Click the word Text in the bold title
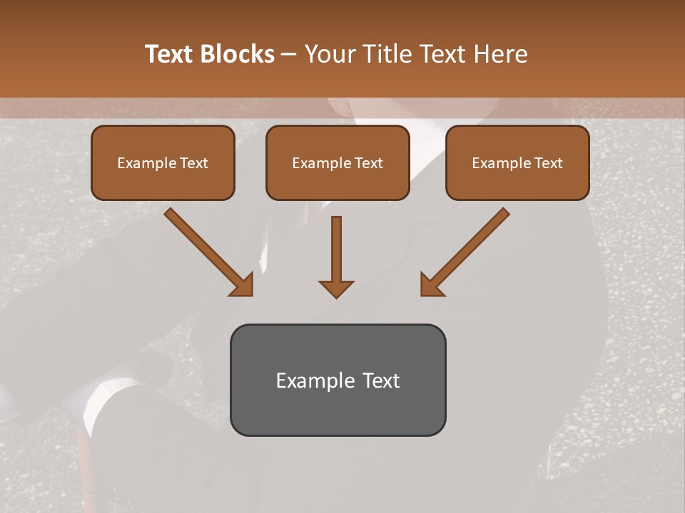click(x=169, y=54)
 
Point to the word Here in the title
click(x=502, y=54)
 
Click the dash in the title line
click(x=289, y=55)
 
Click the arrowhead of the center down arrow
click(x=336, y=288)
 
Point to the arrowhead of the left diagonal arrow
click(x=243, y=285)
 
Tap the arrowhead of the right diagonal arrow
click(x=430, y=285)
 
